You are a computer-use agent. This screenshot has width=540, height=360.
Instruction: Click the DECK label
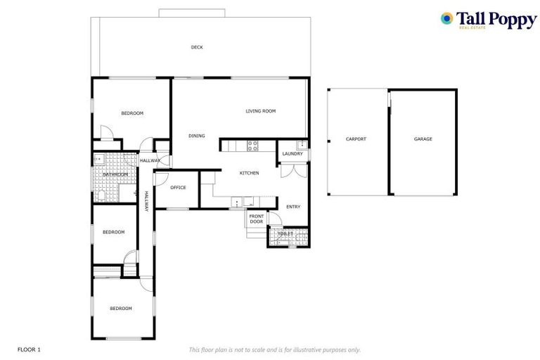pos(197,47)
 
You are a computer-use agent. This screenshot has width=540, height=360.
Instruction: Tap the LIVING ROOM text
pos(260,111)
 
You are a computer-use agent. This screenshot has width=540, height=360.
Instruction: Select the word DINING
pos(196,136)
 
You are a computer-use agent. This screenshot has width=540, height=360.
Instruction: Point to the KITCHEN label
pos(249,173)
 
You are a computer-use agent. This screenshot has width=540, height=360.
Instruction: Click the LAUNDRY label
pos(292,154)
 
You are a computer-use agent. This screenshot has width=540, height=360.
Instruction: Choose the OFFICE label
pos(178,188)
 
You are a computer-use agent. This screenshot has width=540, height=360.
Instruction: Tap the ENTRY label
pos(293,207)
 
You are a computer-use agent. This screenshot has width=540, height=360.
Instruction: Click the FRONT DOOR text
pos(256,219)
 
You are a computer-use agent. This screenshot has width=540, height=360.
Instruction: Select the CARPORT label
pos(356,139)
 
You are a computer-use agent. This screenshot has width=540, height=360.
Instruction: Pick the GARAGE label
pos(423,139)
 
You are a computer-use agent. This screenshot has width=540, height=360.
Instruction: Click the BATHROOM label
pos(115,174)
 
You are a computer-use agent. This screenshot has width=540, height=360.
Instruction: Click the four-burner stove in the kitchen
pos(252,146)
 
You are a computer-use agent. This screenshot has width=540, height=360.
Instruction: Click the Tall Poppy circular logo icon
pos(446,19)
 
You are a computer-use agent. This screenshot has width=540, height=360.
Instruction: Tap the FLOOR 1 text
pos(30,349)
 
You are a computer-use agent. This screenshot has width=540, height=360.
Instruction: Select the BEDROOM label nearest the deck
pos(131,113)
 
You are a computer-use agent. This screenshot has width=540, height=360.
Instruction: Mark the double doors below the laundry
pos(293,171)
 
